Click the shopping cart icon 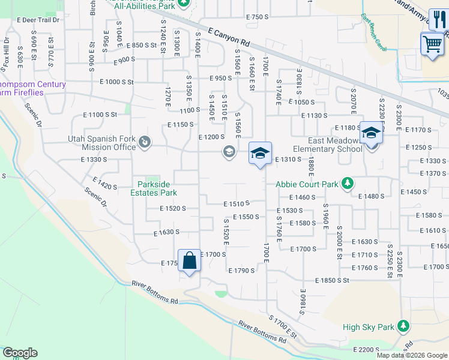click(432, 44)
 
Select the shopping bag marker click(189, 261)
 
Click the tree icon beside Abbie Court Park click(347, 183)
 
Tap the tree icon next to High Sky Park click(403, 326)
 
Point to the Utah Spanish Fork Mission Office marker click(145, 142)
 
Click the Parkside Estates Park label click(157, 188)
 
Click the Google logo click(20, 353)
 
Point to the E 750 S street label click(257, 17)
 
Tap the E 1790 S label click(242, 271)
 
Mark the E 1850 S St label click(333, 280)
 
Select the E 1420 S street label click(104, 184)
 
